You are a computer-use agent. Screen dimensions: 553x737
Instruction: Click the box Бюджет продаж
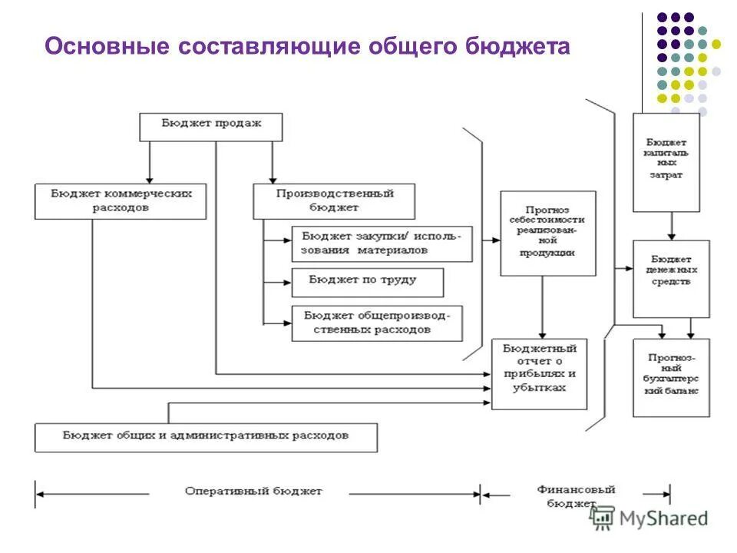click(211, 127)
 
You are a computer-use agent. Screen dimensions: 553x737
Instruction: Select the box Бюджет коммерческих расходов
click(121, 200)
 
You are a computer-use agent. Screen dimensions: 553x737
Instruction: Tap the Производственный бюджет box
click(334, 201)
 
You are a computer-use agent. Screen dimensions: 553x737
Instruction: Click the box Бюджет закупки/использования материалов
click(382, 243)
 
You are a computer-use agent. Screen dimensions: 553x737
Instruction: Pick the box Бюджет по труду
click(367, 282)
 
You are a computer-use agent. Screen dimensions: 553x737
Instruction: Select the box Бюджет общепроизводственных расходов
click(377, 323)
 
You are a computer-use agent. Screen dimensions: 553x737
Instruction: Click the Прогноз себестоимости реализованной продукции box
click(547, 233)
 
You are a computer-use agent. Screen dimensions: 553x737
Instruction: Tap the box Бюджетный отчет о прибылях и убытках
click(539, 373)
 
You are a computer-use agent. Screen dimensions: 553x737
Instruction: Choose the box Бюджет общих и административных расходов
click(206, 436)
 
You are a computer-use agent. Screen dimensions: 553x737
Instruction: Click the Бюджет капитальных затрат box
click(666, 162)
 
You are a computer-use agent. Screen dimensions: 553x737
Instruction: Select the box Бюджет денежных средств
click(670, 278)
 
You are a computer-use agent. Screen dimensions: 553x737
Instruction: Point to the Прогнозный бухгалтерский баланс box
click(670, 377)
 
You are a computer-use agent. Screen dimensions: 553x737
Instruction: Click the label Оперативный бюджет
click(253, 492)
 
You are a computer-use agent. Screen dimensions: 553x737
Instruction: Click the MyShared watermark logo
click(649, 518)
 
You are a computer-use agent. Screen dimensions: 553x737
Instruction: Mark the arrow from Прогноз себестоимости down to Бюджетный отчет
click(542, 307)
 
